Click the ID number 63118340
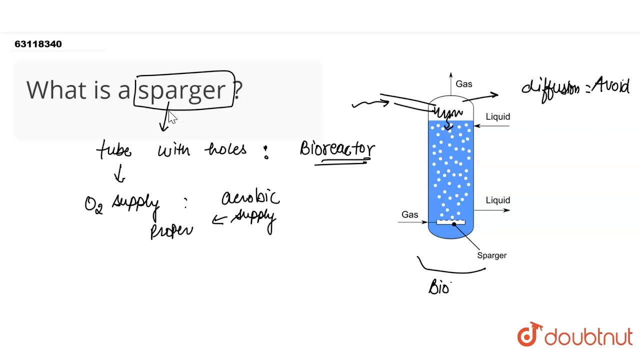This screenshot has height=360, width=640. tap(38, 44)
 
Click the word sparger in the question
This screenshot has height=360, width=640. tap(182, 90)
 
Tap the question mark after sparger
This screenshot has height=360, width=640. tap(238, 90)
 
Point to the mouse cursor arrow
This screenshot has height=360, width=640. tap(172, 117)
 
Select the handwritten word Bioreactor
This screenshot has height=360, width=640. tap(337, 149)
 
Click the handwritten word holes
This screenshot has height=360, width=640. tap(225, 149)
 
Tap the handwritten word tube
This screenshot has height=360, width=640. tap(114, 149)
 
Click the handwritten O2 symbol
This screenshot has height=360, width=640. tap(93, 205)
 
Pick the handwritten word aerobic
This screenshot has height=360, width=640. tap(250, 197)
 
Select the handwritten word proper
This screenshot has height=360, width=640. tap(171, 230)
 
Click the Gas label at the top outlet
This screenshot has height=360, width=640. tap(464, 84)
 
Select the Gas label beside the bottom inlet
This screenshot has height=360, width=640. tap(409, 214)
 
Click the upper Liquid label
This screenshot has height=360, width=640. tap(498, 116)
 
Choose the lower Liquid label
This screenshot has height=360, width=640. tap(498, 200)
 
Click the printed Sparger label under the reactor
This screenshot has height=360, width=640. tap(491, 255)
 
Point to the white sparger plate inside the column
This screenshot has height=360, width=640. tap(450, 222)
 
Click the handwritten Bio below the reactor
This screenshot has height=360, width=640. tap(440, 287)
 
